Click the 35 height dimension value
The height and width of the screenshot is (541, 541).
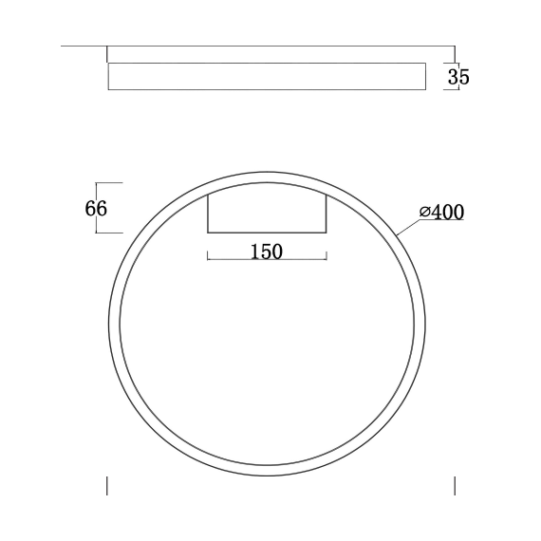click(x=458, y=77)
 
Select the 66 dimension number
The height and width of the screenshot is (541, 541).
click(x=96, y=208)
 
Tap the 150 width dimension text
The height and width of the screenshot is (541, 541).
click(x=266, y=252)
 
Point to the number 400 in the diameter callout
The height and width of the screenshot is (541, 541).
click(x=447, y=213)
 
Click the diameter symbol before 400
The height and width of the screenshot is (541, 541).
click(x=424, y=213)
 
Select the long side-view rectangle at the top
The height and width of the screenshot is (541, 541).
click(x=266, y=77)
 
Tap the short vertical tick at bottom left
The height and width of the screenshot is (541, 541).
click(x=106, y=485)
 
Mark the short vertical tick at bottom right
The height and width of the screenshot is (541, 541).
click(x=455, y=485)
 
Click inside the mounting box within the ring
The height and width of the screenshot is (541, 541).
click(x=268, y=211)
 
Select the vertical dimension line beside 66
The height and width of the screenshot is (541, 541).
click(x=121, y=208)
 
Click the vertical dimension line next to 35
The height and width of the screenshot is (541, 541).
click(x=449, y=77)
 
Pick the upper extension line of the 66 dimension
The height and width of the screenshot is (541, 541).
click(x=109, y=182)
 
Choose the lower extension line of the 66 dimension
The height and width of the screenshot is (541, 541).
click(x=109, y=233)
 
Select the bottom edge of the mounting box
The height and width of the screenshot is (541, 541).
click(x=268, y=232)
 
